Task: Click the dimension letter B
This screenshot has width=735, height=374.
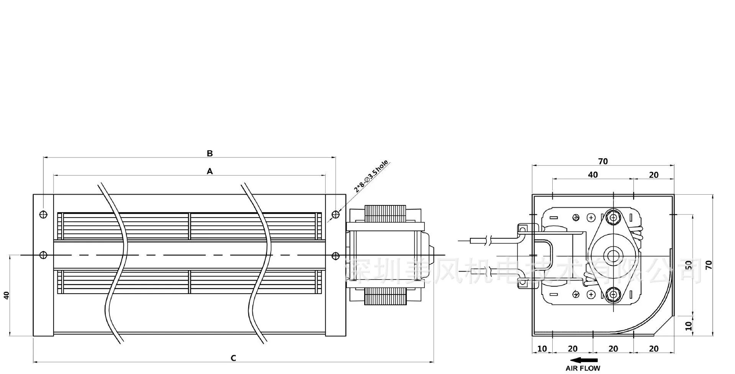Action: click(210, 153)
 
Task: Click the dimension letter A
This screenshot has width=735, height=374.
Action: click(210, 171)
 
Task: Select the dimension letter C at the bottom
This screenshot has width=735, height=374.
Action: click(233, 358)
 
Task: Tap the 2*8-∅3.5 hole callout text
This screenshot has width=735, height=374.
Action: click(371, 176)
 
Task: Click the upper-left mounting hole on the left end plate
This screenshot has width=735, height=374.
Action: click(43, 215)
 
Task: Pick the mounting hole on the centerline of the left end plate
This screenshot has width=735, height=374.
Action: click(43, 255)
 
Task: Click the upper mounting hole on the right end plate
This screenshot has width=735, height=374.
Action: click(336, 214)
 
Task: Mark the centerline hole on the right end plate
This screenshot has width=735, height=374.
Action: click(336, 255)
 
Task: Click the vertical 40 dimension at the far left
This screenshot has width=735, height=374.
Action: click(6, 295)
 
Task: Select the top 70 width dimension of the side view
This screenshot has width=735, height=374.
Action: click(603, 161)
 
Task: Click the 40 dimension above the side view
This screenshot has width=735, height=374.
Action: click(593, 175)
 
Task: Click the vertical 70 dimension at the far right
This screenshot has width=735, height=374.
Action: click(709, 265)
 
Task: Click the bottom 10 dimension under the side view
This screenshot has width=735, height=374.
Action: click(542, 349)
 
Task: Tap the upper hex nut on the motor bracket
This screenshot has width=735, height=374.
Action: click(614, 217)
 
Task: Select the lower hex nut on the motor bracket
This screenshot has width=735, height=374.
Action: click(614, 294)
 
